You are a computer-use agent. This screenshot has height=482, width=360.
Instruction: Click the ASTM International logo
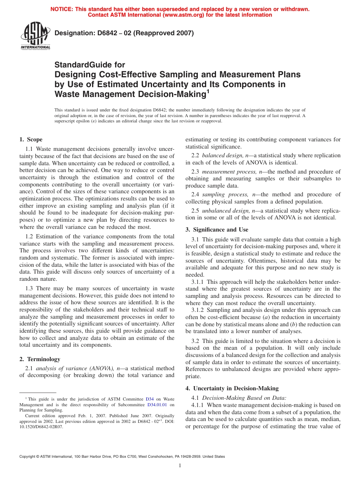[35, 36]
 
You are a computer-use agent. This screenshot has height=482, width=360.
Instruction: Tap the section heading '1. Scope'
[31, 139]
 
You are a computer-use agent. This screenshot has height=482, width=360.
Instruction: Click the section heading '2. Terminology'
[39, 359]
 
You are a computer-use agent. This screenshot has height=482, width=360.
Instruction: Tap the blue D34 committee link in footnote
[150, 399]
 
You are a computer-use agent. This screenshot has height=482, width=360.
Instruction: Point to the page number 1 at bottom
[180, 465]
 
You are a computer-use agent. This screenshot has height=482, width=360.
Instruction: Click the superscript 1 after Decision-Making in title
[207, 91]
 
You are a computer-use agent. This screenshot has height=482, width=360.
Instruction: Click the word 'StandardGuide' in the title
[90, 65]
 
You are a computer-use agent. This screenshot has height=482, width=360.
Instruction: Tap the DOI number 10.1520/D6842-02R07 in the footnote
[41, 426]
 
